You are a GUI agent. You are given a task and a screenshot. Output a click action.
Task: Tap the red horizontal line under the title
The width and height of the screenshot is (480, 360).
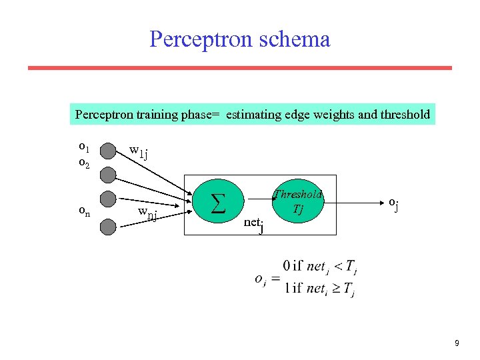click(x=240, y=67)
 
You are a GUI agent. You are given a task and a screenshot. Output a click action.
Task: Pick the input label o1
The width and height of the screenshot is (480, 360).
click(x=84, y=146)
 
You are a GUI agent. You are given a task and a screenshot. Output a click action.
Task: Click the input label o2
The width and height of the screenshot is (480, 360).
click(x=84, y=162)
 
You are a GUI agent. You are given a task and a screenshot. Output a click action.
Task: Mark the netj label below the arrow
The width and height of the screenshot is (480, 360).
click(x=253, y=224)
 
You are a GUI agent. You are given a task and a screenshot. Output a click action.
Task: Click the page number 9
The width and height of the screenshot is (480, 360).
click(x=457, y=343)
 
